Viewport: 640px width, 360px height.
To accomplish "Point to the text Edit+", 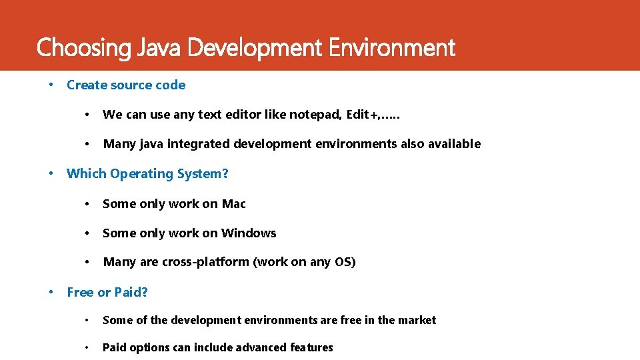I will pos(363,115).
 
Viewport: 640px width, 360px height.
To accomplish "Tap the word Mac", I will pos(233,204).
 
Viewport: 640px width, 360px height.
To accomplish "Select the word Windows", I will pos(249,233).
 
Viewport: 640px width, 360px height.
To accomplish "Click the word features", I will pos(311,347).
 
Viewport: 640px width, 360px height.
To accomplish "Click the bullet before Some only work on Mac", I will pos(87,204).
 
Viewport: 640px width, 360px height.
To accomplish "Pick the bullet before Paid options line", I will pos(87,347).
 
